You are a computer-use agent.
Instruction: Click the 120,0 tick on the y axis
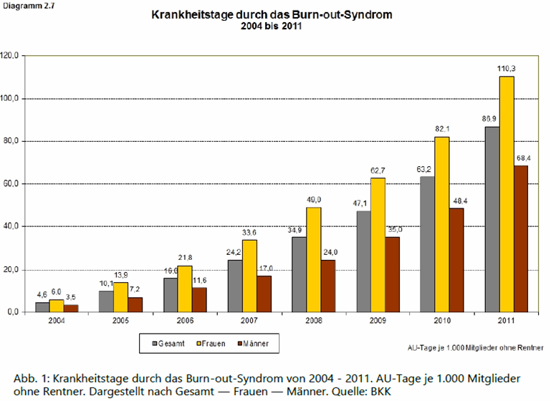click(x=14, y=55)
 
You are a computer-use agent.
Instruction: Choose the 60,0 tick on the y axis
click(x=15, y=184)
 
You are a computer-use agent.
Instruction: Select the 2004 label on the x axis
click(x=57, y=321)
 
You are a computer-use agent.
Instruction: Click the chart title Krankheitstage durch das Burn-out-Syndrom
click(x=272, y=14)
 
